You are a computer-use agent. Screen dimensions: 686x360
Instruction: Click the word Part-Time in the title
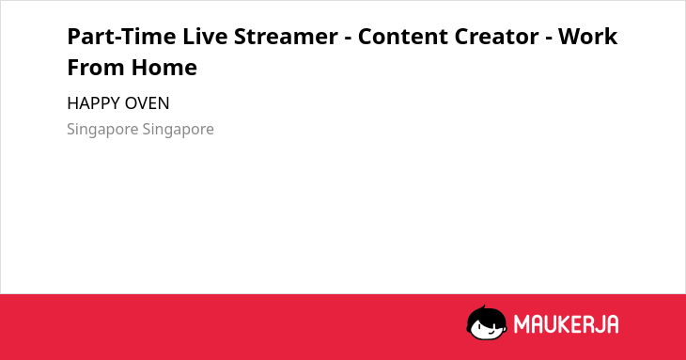coord(121,37)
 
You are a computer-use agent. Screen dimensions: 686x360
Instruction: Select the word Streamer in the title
coord(286,37)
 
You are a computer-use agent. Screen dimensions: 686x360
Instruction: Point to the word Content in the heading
coord(402,37)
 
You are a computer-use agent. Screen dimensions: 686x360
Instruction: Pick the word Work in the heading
coord(587,37)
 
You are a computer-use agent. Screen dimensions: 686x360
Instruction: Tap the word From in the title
coord(95,68)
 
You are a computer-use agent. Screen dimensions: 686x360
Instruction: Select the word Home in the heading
coord(164,68)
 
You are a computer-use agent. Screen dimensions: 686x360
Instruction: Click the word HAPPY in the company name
coord(94,103)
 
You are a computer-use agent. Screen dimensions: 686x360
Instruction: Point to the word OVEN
coord(147,103)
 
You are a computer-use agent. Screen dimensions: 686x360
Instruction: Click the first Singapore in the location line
coord(102,130)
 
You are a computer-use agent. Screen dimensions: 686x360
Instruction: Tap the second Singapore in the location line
coord(178,130)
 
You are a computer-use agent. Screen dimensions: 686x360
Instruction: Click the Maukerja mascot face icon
coord(487,323)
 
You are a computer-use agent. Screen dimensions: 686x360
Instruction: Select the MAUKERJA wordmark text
coord(566,324)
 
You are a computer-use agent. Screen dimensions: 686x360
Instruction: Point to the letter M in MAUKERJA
coord(522,324)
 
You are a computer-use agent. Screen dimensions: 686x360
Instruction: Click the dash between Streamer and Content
coord(348,39)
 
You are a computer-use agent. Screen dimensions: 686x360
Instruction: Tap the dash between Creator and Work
coord(548,39)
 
